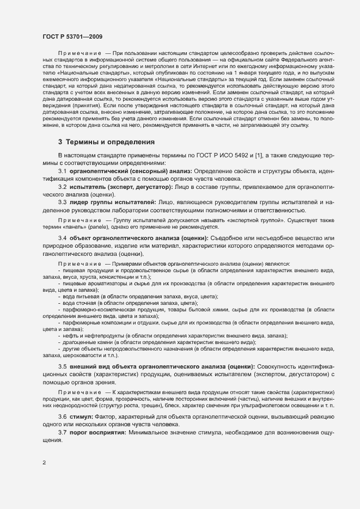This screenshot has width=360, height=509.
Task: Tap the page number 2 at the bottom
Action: pos(44,463)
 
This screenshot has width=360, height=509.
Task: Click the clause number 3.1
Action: pos(62,171)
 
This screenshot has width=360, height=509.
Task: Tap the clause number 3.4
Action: pos(62,238)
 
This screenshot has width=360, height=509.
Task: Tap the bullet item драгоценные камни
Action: pos(86,342)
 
